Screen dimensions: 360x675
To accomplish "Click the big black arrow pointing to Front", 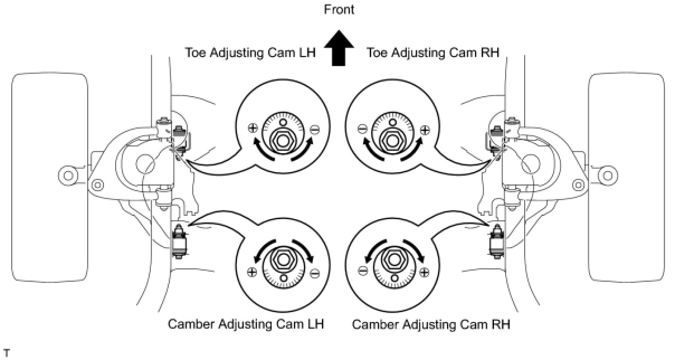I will point(338,50).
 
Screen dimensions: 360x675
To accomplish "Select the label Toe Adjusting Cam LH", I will point(251,53).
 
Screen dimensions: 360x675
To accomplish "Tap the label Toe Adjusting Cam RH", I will point(432,53).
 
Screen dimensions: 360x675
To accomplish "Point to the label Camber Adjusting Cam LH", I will point(246,324).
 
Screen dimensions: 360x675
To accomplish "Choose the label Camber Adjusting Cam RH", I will point(431,324).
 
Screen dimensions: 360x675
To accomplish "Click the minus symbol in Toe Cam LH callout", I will point(314,130).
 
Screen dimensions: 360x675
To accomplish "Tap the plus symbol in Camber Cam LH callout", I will point(253,272).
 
